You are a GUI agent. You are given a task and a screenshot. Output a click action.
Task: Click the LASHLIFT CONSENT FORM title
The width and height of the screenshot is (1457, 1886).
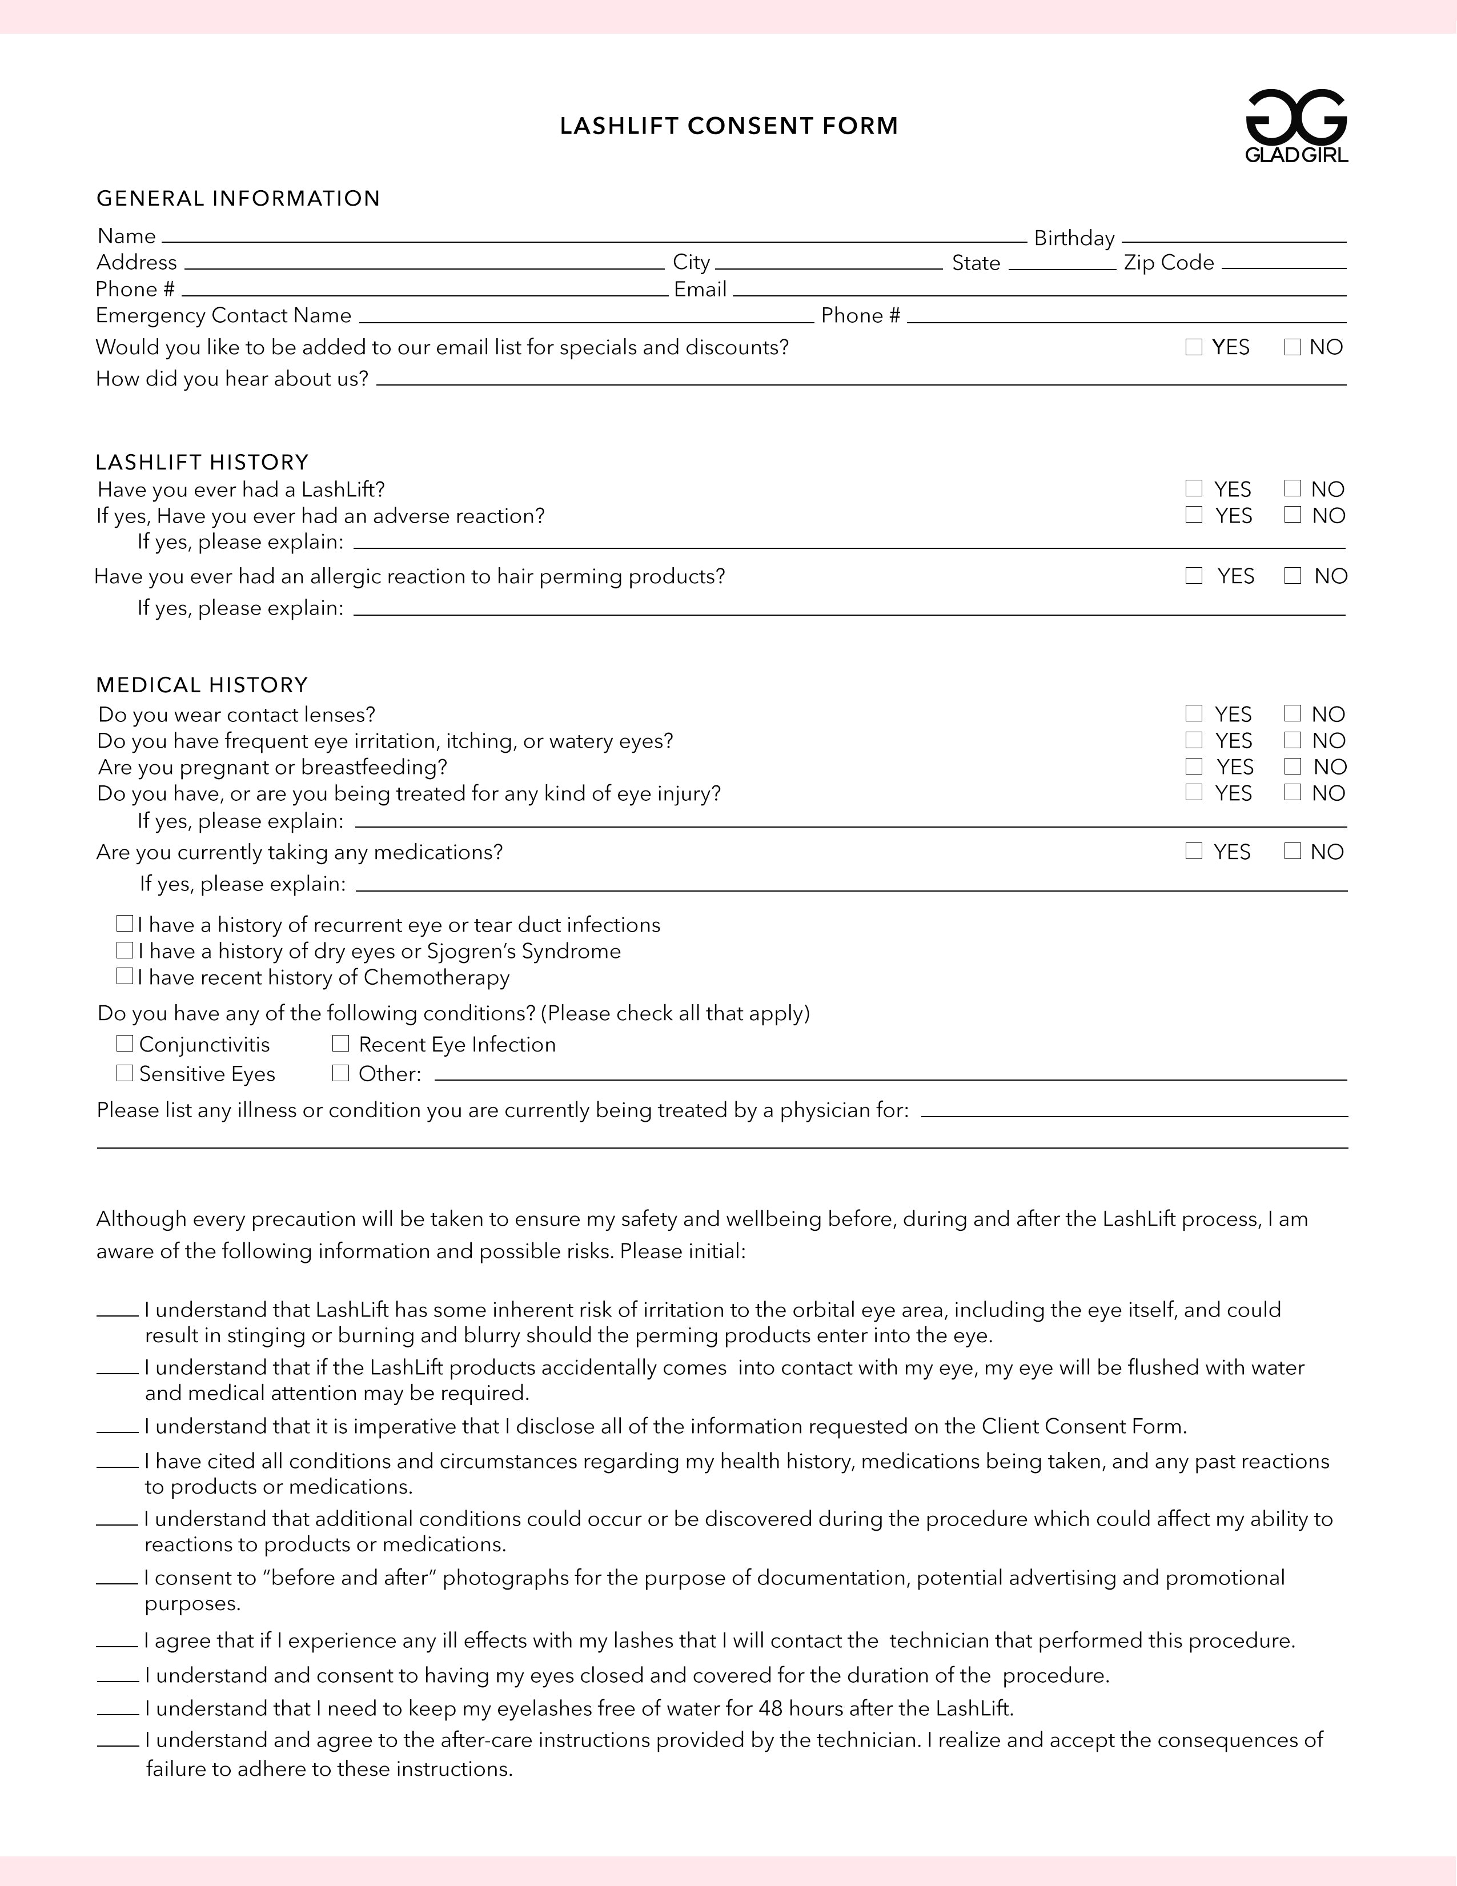pyautogui.click(x=729, y=126)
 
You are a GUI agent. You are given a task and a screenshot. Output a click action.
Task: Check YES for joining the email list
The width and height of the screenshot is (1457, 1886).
pyautogui.click(x=1194, y=347)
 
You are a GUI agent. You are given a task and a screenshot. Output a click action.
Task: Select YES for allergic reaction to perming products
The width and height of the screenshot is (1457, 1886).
pyautogui.click(x=1194, y=575)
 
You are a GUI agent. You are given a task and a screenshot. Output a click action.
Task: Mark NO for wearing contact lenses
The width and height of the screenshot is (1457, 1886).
pyautogui.click(x=1292, y=713)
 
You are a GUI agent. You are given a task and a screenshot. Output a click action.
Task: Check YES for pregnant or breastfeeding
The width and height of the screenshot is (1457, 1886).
pyautogui.click(x=1194, y=766)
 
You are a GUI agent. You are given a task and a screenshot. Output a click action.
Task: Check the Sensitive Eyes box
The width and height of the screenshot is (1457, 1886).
pyautogui.click(x=125, y=1073)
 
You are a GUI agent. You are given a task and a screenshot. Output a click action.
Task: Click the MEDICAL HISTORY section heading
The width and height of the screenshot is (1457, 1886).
pyautogui.click(x=202, y=685)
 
